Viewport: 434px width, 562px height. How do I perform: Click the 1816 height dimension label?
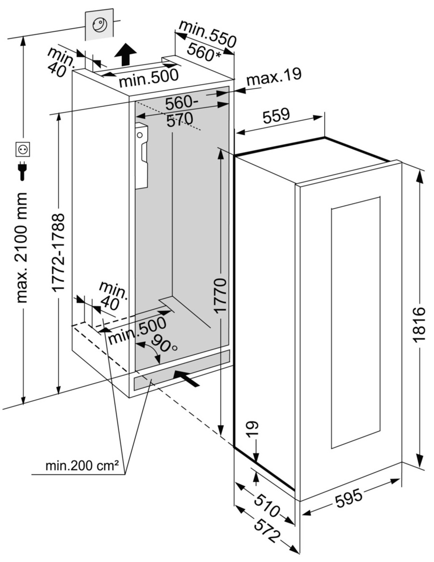419,325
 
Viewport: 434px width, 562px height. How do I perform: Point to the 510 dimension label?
265,503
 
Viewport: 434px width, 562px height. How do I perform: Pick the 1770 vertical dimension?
220,296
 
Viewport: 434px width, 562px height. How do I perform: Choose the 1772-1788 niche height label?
58,252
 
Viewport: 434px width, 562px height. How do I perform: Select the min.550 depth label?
207,34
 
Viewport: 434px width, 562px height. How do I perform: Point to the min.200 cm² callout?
82,467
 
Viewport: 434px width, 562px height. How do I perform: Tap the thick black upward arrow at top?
126,54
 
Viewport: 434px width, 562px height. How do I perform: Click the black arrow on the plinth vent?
186,378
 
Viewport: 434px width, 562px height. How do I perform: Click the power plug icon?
23,171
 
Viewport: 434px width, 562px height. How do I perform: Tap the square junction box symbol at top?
100,25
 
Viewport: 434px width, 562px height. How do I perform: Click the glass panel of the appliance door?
356,322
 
